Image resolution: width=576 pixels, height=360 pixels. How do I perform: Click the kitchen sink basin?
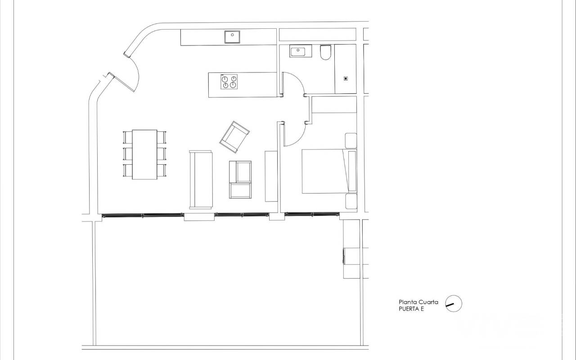[232, 37]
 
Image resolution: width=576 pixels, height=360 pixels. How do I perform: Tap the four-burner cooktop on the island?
[229, 82]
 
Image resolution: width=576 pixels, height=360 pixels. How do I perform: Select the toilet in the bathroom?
[325, 53]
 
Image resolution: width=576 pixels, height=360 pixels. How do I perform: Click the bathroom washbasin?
[301, 51]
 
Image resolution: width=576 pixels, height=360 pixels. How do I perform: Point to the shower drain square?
[346, 78]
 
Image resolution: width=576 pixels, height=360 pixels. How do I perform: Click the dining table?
[144, 154]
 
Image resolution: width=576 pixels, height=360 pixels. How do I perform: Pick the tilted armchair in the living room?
[234, 137]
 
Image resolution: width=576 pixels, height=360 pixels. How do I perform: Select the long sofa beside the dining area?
[201, 180]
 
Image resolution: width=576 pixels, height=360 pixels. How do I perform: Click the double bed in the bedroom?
[329, 171]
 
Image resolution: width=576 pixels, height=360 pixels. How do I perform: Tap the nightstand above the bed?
[351, 141]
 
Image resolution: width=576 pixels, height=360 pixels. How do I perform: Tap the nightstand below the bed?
[351, 201]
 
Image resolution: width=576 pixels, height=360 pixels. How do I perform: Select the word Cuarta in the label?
[428, 302]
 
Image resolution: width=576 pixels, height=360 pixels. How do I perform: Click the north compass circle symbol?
[454, 303]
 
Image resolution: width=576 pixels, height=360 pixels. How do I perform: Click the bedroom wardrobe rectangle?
[334, 104]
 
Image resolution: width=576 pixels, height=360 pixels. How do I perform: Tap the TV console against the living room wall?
[271, 176]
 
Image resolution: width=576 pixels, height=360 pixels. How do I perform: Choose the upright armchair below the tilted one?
[240, 180]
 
